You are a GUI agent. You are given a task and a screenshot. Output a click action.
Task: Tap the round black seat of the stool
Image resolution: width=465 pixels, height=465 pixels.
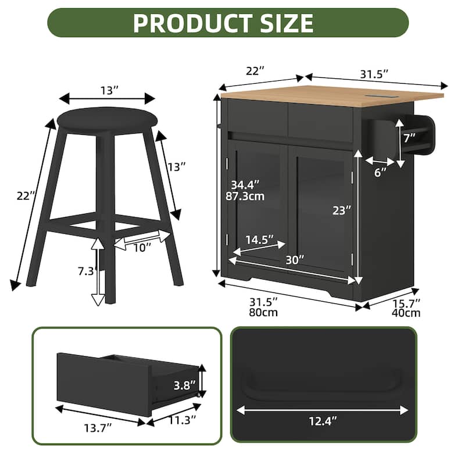(107, 120)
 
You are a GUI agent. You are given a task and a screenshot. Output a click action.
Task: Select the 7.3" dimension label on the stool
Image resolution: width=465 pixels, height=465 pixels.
(86, 271)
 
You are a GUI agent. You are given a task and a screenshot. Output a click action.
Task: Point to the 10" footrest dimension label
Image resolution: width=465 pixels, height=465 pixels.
(142, 248)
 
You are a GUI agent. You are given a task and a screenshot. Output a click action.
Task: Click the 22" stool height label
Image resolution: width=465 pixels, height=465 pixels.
(26, 196)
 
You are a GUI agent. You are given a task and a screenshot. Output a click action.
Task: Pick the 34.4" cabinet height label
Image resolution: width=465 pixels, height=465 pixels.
(245, 185)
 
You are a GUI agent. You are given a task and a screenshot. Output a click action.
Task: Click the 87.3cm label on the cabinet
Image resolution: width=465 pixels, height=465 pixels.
(245, 196)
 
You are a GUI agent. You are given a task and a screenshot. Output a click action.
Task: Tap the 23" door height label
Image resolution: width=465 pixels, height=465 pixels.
(342, 210)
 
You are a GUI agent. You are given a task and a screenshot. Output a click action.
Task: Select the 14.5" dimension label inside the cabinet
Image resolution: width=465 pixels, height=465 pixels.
(259, 239)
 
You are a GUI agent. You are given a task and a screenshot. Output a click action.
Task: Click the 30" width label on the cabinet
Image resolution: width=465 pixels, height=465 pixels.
(295, 260)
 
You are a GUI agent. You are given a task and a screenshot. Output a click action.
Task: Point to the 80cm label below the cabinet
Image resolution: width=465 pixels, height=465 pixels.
(263, 313)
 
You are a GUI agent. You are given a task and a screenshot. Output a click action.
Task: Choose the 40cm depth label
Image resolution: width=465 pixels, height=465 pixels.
(406, 313)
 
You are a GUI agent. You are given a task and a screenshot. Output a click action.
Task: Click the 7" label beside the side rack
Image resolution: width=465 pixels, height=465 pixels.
(409, 138)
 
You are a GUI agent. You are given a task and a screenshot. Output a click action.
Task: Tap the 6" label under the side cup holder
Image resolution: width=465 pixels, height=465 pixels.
(380, 172)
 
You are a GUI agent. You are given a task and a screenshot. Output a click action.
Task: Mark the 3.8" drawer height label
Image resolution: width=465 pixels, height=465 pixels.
(184, 385)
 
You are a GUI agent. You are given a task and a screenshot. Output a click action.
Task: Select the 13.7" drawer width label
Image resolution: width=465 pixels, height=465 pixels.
(98, 428)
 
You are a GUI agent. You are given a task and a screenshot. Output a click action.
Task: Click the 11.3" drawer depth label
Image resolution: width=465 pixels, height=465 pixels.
(183, 420)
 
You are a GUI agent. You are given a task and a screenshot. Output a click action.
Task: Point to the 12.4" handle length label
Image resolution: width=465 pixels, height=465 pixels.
(323, 421)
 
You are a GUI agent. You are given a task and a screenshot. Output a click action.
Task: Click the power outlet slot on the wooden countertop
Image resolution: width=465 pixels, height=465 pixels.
(377, 96)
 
